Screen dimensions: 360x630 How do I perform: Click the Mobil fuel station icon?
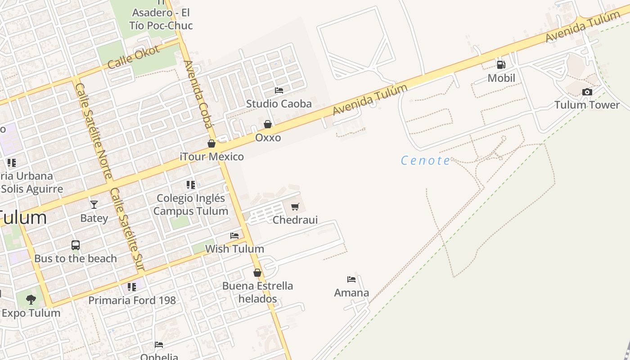[x=501, y=65]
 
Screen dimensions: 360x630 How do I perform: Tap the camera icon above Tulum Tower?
[x=587, y=92]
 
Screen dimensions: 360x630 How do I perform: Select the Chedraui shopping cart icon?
[x=295, y=207]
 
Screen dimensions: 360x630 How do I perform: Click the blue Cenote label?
[x=425, y=160]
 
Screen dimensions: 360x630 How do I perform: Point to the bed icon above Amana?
[x=351, y=279]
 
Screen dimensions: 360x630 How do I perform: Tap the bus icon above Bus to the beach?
[x=76, y=245]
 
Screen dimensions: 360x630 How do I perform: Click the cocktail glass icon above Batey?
[x=94, y=205]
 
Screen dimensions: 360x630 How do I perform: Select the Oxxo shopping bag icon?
[x=268, y=124]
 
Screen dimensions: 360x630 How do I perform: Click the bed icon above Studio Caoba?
[x=279, y=90]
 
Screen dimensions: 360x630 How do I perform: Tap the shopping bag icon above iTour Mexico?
[x=211, y=144]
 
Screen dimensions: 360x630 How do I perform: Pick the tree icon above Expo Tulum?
[x=31, y=299]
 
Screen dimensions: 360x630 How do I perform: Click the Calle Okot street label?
[x=134, y=57]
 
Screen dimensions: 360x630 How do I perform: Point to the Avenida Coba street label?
[x=198, y=94]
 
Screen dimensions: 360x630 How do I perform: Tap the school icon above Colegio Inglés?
[x=191, y=184]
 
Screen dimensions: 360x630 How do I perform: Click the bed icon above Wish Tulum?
[x=234, y=235]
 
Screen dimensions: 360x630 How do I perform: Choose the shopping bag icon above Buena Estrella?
[x=257, y=273]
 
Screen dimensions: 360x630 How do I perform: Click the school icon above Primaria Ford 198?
[x=131, y=287]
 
